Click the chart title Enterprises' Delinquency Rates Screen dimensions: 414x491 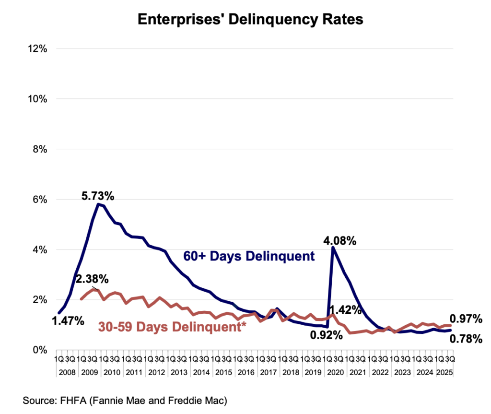pos(250,19)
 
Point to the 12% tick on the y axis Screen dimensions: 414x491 pos(36,48)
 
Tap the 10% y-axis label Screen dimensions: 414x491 pos(36,99)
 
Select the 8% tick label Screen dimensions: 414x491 pos(38,149)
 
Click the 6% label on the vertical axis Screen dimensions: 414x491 pos(38,199)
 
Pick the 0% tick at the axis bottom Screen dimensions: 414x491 pos(38,350)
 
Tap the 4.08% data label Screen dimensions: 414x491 pos(340,240)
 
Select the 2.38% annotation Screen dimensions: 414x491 pos(92,279)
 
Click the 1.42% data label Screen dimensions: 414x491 pos(346,309)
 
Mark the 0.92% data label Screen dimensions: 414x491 pos(327,335)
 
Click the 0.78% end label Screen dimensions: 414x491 pos(466,339)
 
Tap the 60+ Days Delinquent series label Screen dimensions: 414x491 pos(249,256)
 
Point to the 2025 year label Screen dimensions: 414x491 pos(446,371)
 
